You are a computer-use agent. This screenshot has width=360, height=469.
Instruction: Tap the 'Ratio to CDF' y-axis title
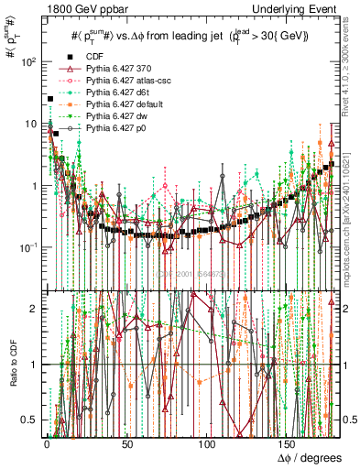pyautogui.click(x=12, y=361)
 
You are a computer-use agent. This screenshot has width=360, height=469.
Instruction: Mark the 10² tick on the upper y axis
pyautogui.click(x=28, y=62)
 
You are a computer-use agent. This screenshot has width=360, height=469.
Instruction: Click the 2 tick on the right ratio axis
pyautogui.click(x=347, y=309)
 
